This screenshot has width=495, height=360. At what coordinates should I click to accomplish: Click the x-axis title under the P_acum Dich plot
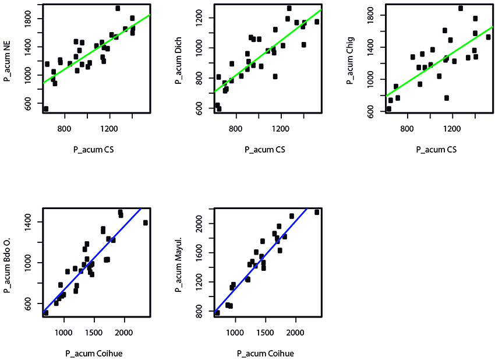coord(265,150)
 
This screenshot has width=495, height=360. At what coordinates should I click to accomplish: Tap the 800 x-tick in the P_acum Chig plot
coord(406,129)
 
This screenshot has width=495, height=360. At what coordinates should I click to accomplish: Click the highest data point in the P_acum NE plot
coord(118,8)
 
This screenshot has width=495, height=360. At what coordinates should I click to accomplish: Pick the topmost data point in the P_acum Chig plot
coord(461,8)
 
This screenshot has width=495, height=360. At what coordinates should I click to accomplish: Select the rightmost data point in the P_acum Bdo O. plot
coord(146,223)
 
